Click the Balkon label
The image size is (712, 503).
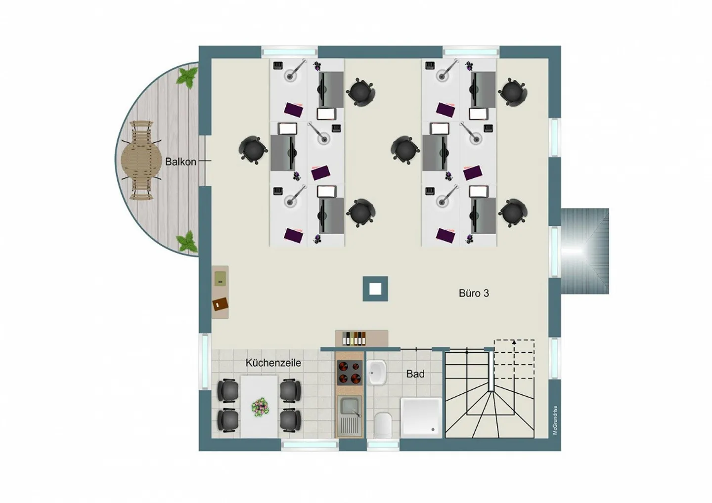[x=180, y=162]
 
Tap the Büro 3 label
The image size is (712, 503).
[x=474, y=293]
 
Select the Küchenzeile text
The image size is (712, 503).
[x=273, y=363]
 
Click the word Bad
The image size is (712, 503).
[x=415, y=374]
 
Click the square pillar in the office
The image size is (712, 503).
[x=375, y=289]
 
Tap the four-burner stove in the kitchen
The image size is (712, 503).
[x=349, y=373]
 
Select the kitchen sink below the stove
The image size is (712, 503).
[x=349, y=416]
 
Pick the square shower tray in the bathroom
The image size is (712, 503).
[x=421, y=418]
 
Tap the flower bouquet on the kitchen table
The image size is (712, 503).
[x=260, y=407]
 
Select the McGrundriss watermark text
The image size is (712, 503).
[x=555, y=420]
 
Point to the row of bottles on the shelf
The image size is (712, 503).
[x=354, y=338]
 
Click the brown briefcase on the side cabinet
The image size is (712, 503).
[x=221, y=304]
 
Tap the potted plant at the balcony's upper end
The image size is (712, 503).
[x=187, y=78]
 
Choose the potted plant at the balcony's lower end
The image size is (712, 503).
[x=187, y=241]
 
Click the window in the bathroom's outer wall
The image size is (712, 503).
[x=383, y=445]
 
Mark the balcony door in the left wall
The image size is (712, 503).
[x=205, y=161]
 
